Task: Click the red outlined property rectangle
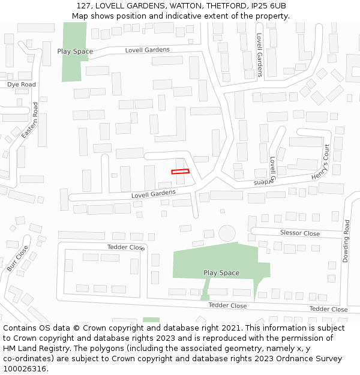click(x=180, y=172)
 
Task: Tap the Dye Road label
click(x=22, y=85)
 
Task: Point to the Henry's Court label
click(x=321, y=163)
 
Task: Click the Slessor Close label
click(x=300, y=233)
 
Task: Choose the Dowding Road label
click(x=346, y=241)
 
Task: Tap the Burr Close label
click(x=17, y=259)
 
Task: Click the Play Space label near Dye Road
click(x=75, y=52)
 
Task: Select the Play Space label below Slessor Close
click(x=221, y=273)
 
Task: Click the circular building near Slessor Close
click(x=227, y=233)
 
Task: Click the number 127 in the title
click(x=84, y=5)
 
